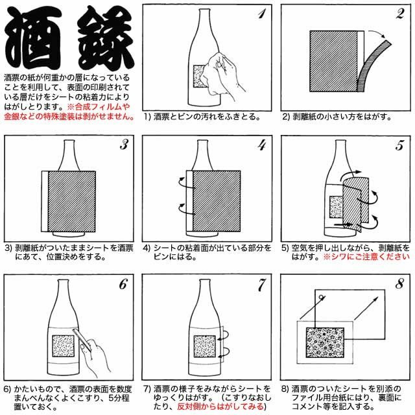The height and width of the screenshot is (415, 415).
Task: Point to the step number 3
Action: coord(123,145)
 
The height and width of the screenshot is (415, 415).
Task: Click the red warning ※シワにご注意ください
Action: coord(366,257)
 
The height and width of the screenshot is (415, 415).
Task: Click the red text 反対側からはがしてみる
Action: coord(220,407)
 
